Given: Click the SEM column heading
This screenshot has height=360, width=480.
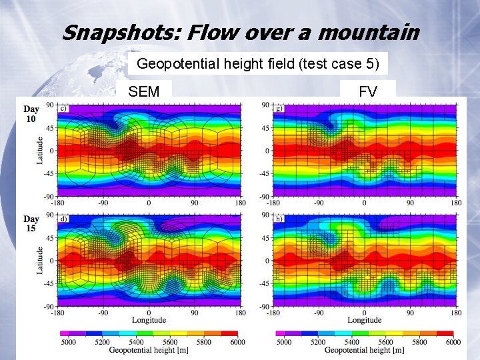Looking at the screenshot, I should click(x=144, y=92).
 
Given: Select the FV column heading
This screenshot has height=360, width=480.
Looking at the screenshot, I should click(x=368, y=92).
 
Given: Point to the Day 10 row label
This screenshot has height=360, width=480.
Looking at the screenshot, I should click(x=31, y=113).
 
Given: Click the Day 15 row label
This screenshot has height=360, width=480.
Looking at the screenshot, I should click(x=31, y=223).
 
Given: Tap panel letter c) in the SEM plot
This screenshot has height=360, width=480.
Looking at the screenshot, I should click(x=63, y=109).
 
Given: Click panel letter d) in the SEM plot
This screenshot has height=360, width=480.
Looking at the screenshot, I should click(x=63, y=219).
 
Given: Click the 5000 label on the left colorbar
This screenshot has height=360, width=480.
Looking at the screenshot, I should click(x=69, y=342).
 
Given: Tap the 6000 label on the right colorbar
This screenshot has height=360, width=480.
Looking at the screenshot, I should click(x=453, y=342).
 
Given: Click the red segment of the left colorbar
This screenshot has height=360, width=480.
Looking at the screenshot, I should click(x=229, y=333).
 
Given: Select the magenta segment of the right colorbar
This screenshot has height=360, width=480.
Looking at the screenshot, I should click(x=280, y=333).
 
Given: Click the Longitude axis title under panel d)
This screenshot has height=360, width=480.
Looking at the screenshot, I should click(x=149, y=321).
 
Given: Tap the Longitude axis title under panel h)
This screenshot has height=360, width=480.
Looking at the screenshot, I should click(x=364, y=321).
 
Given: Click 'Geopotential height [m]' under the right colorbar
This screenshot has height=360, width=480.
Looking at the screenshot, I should click(x=364, y=350).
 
